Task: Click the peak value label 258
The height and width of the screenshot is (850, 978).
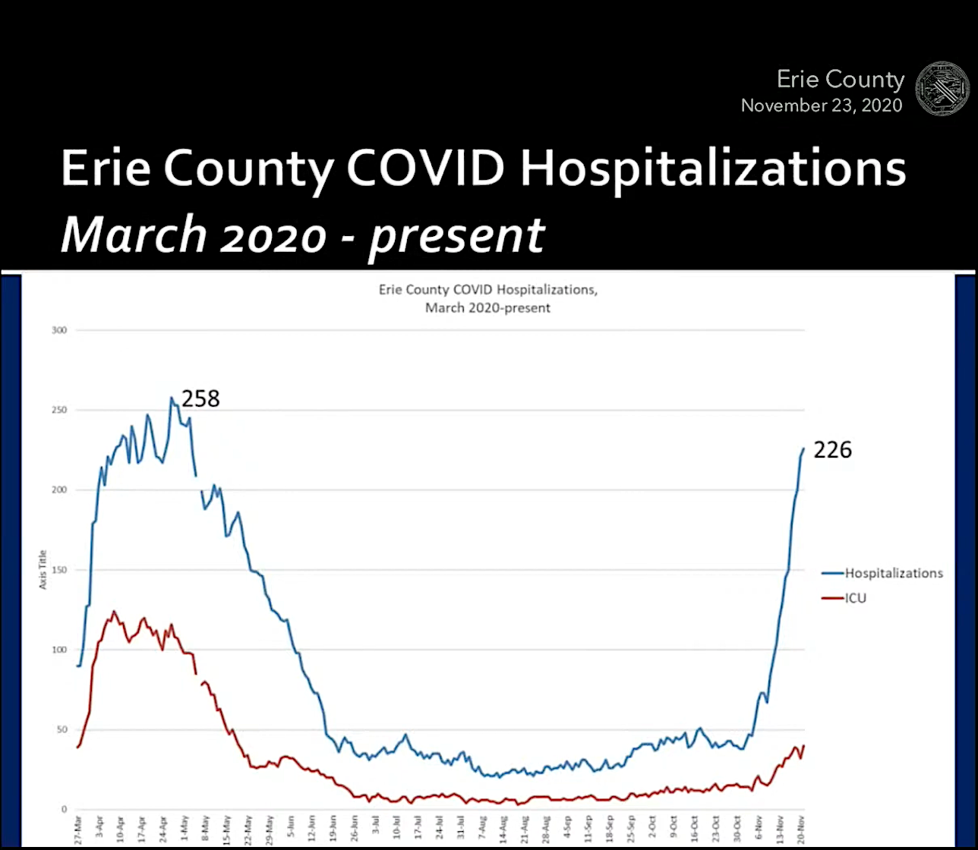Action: (x=200, y=398)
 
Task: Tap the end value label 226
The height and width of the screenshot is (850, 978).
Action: (x=833, y=450)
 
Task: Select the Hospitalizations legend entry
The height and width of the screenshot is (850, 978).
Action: (x=893, y=573)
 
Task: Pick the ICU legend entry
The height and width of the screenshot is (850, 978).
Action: (x=855, y=598)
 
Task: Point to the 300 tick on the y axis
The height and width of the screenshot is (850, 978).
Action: (x=59, y=330)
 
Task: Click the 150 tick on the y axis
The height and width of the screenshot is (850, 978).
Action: (x=59, y=570)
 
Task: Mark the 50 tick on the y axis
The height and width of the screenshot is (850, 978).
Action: (x=62, y=730)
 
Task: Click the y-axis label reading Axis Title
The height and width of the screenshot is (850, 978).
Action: (x=43, y=569)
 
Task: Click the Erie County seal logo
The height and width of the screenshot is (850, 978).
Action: (x=942, y=90)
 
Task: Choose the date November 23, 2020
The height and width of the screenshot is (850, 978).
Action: (x=822, y=105)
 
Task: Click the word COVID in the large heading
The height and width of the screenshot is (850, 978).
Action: (x=427, y=168)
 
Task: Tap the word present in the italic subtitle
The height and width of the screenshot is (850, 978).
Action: (x=456, y=235)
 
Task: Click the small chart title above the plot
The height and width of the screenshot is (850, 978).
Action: (x=488, y=298)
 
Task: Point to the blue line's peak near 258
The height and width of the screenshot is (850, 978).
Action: (x=172, y=397)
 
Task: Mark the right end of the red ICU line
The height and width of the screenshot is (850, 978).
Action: (x=803, y=746)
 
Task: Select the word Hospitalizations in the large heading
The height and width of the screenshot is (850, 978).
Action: (x=713, y=168)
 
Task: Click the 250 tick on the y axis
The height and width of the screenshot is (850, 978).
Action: (x=59, y=410)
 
